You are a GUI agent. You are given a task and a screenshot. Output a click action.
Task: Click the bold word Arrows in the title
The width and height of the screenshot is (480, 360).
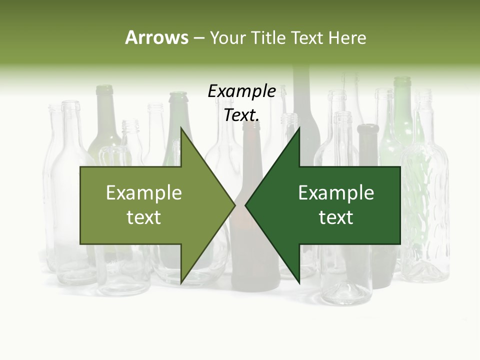click(x=156, y=37)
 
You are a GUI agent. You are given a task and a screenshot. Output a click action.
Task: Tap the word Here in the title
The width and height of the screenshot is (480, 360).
click(x=347, y=37)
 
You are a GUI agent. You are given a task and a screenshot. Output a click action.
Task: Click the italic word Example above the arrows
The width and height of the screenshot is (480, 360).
click(x=241, y=91)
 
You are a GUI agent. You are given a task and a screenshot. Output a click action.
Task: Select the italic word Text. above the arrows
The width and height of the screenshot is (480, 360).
click(x=241, y=115)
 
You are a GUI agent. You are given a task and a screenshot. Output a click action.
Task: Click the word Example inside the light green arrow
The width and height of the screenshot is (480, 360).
click(x=144, y=193)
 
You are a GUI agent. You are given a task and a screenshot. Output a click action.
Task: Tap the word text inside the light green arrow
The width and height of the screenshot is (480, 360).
click(x=144, y=217)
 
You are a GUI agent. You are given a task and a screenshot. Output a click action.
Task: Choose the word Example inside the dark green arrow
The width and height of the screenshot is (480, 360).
click(x=336, y=193)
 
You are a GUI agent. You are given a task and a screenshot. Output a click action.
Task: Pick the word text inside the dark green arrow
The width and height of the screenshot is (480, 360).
click(x=336, y=217)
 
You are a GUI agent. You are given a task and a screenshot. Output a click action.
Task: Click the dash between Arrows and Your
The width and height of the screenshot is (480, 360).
click(x=198, y=38)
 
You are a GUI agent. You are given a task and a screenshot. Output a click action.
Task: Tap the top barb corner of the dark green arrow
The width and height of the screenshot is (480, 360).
click(x=299, y=129)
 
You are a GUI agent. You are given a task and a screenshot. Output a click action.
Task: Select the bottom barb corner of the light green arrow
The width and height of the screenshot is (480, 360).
click(x=181, y=283)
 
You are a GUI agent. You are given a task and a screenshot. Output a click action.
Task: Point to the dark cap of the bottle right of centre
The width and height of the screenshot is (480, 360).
click(x=368, y=129)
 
